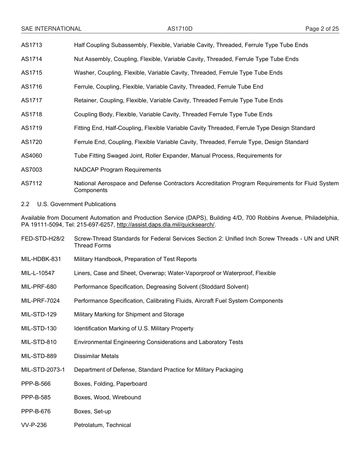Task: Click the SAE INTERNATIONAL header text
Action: tap(51, 29)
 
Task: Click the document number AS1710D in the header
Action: tap(177, 29)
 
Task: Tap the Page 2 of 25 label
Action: tap(322, 29)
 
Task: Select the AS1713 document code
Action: tap(31, 45)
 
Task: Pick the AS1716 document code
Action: tap(31, 87)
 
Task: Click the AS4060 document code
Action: tap(31, 156)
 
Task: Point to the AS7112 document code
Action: tap(31, 183)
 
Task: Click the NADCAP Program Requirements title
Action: tap(117, 170)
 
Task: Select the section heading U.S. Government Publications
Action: tap(77, 204)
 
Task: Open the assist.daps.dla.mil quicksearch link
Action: tap(166, 225)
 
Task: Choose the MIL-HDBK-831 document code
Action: tap(41, 259)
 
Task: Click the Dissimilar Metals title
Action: tap(96, 356)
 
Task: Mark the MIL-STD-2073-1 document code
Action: tap(43, 370)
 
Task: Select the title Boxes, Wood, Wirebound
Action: tap(107, 397)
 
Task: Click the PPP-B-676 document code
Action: tap(36, 411)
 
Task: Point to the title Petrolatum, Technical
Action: tap(102, 425)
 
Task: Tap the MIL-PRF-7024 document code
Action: tap(40, 301)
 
